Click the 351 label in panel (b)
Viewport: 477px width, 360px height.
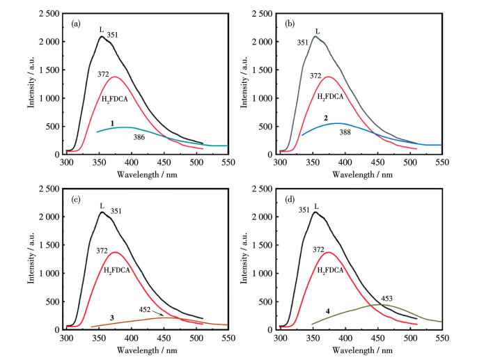[x=301, y=42]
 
